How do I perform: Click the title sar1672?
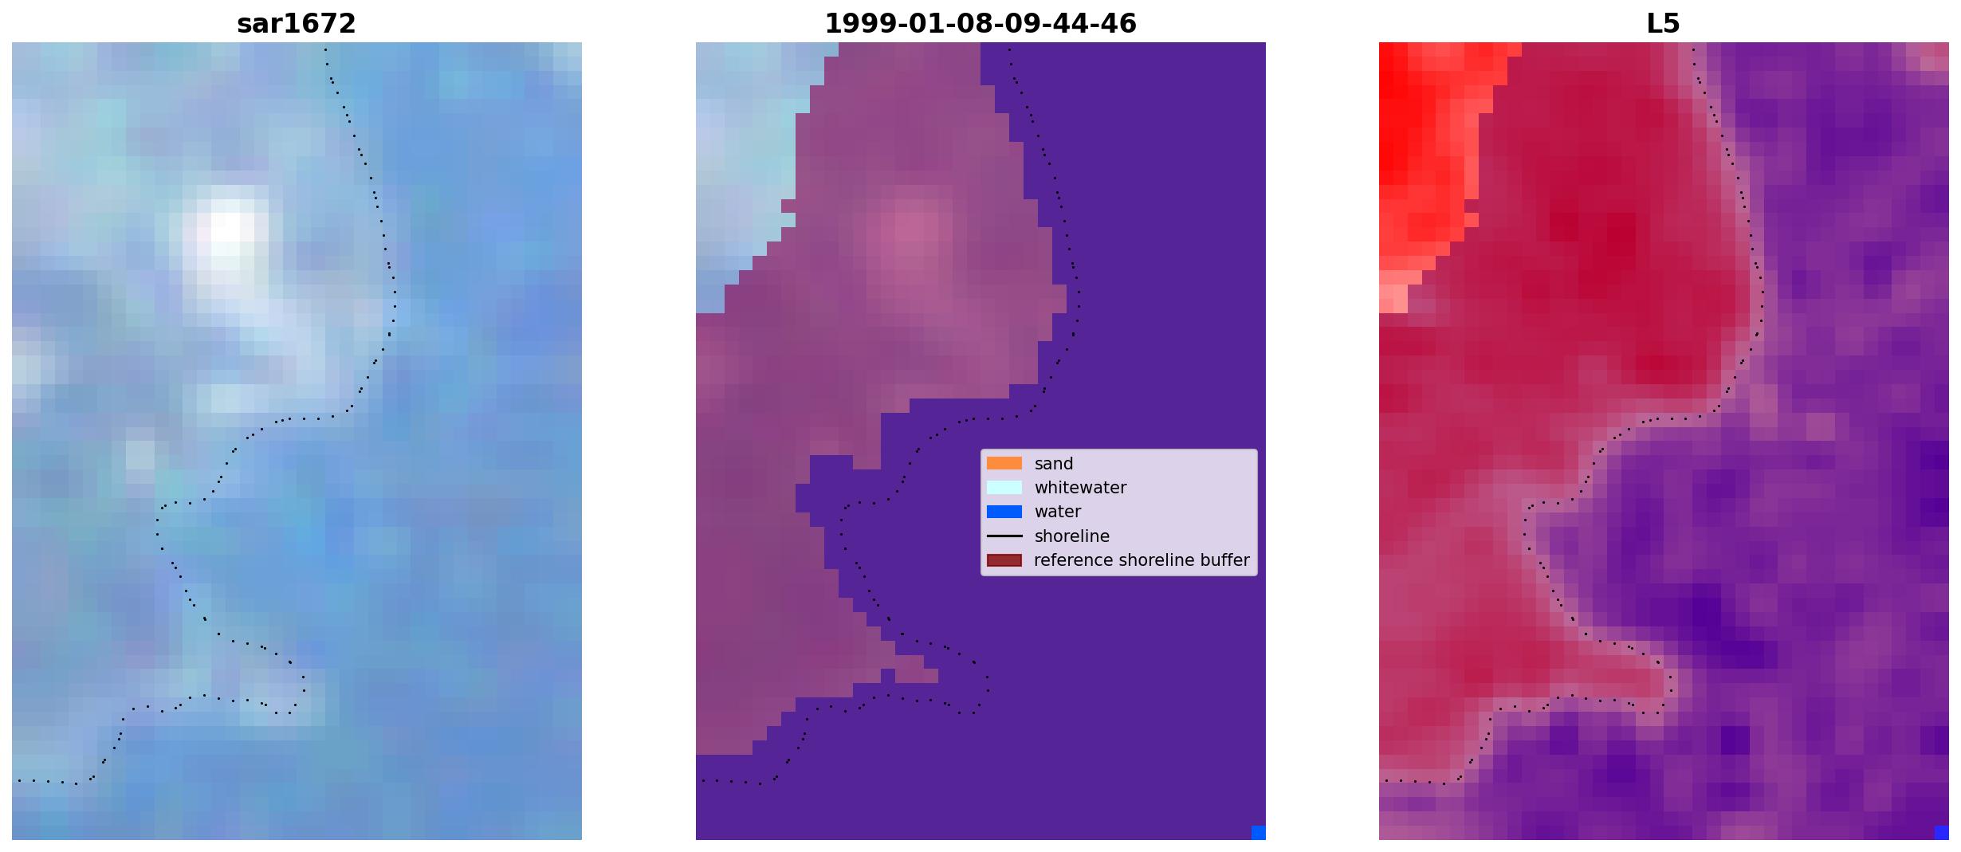tap(296, 24)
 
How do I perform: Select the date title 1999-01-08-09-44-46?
tap(980, 24)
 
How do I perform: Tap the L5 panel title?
tap(1663, 24)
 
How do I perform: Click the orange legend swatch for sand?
tap(1004, 463)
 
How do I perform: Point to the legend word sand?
tap(1053, 464)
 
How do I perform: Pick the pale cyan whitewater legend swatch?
tap(1004, 487)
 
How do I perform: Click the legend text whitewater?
tap(1080, 488)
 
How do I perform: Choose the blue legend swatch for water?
tap(1004, 512)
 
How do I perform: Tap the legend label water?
tap(1057, 512)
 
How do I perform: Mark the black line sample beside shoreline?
tap(1004, 536)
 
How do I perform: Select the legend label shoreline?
tap(1071, 536)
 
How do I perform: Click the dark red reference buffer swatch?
tap(1004, 560)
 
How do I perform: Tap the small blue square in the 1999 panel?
tap(1258, 832)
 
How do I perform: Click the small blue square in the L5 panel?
tap(1941, 832)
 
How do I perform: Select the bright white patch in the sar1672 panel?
tap(225, 239)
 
